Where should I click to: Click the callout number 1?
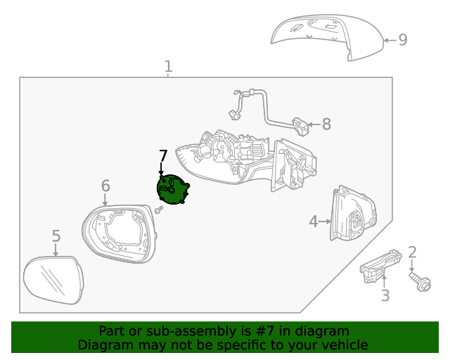coord(168,67)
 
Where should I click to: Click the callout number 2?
coord(413,252)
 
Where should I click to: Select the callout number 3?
coord(385,296)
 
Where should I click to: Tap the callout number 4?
coord(314,222)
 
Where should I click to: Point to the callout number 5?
coord(56,236)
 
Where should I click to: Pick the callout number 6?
coord(105,186)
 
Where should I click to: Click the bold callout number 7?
coord(163,156)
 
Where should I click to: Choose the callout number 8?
coord(326,125)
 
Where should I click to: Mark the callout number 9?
coord(403,39)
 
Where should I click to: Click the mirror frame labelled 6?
coord(118,232)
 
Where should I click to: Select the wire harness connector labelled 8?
coord(302,127)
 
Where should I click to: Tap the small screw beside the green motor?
coord(160,209)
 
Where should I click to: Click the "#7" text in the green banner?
coord(264,331)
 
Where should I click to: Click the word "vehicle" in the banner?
coord(345,345)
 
